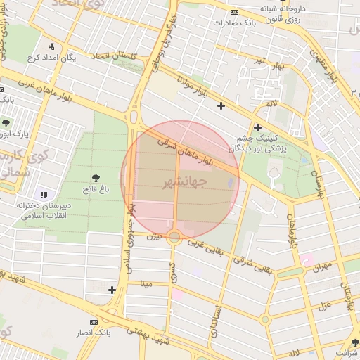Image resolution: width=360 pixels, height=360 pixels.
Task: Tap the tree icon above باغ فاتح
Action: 96,177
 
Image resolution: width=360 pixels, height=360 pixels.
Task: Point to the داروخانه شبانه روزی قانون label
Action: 287,15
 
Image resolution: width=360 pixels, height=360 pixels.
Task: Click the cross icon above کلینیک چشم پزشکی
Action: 257,127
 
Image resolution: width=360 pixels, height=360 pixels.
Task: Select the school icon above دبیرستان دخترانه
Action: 44,195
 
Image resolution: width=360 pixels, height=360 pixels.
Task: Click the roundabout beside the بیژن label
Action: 174,237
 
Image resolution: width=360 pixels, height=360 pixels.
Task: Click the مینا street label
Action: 146,284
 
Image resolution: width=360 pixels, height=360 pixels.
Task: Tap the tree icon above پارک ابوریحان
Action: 6,123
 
